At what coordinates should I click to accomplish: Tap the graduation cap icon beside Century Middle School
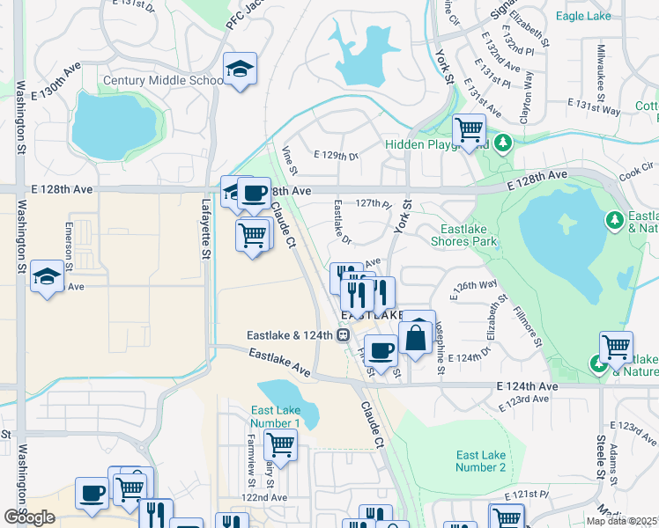click(239, 69)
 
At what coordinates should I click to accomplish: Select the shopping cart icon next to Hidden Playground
click(470, 130)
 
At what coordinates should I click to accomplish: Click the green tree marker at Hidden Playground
click(502, 143)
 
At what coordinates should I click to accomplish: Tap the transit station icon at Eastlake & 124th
click(344, 334)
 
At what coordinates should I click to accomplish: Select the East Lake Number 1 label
click(275, 417)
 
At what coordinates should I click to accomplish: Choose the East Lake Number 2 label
click(480, 461)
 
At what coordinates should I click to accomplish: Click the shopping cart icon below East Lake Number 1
click(280, 444)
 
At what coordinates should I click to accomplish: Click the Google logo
click(29, 517)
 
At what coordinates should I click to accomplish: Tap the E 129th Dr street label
click(335, 156)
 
